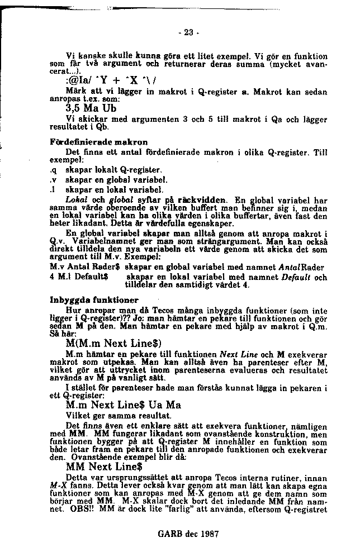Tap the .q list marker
pos(52,169)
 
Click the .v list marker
pos(52,180)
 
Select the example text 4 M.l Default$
pos(79,276)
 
